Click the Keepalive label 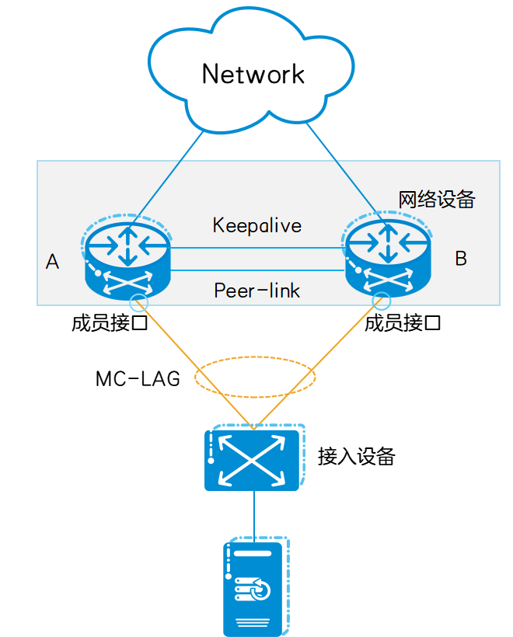pyautogui.click(x=256, y=225)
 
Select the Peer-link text pyautogui.click(x=256, y=291)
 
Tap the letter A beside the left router pyautogui.click(x=52, y=262)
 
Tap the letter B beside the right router pyautogui.click(x=461, y=259)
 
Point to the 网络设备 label pyautogui.click(x=436, y=200)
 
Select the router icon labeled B pyautogui.click(x=387, y=255)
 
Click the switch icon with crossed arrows pyautogui.click(x=254, y=458)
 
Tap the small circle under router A pyautogui.click(x=138, y=303)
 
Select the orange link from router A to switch pyautogui.click(x=187, y=357)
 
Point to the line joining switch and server pyautogui.click(x=254, y=517)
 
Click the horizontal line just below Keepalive pyautogui.click(x=256, y=248)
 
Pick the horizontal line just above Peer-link pyautogui.click(x=256, y=270)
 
